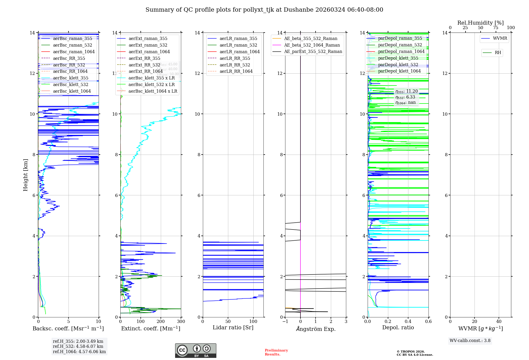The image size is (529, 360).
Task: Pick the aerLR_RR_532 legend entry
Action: click(235, 65)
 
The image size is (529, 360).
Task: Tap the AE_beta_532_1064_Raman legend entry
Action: click(312, 45)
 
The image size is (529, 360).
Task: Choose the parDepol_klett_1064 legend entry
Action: click(399, 71)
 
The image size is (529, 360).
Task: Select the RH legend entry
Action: click(498, 53)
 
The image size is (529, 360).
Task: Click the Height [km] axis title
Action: click(25, 175)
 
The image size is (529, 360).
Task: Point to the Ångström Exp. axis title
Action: click(316, 329)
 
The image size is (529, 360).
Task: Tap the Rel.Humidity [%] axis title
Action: click(480, 23)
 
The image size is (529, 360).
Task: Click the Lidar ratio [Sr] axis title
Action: click(233, 327)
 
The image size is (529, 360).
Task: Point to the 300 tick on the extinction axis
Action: click(181, 322)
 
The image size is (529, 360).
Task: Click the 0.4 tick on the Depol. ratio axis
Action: click(408, 322)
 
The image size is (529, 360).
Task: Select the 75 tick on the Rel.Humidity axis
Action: click(496, 28)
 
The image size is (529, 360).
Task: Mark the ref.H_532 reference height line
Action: click(78, 346)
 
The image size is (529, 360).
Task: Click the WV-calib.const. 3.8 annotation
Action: click(470, 340)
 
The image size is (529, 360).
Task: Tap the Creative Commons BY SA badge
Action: click(195, 350)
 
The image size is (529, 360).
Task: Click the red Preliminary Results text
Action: click(276, 352)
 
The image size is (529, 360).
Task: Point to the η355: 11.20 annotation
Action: click(407, 91)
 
